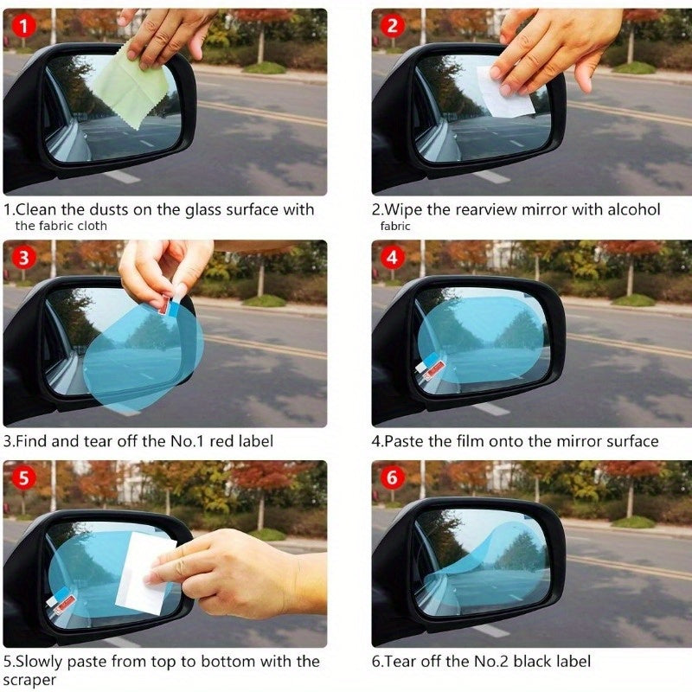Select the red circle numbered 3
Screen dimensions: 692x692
[x=23, y=257]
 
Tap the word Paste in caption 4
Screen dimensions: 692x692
[x=405, y=441]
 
